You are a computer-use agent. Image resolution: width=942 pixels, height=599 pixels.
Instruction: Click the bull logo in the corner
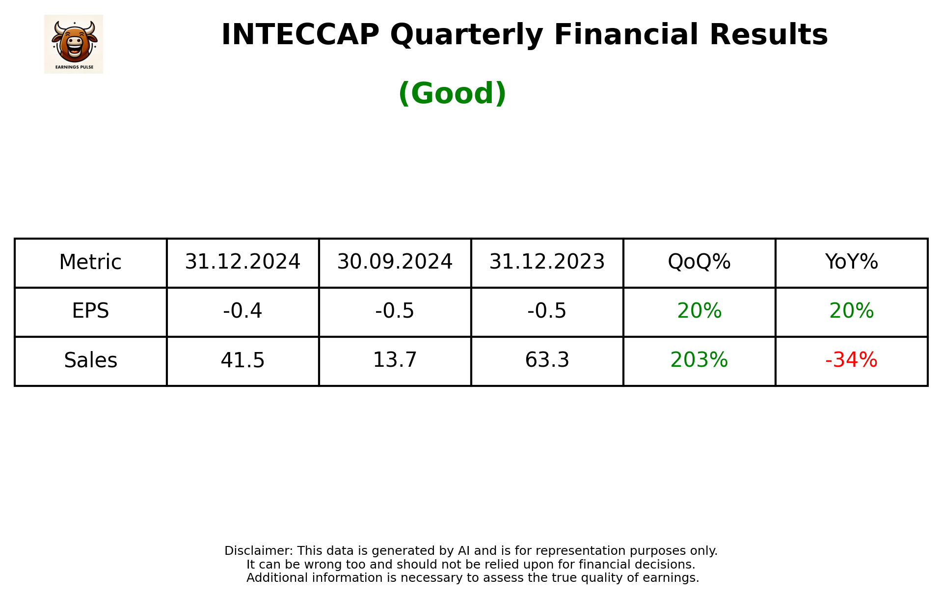[74, 44]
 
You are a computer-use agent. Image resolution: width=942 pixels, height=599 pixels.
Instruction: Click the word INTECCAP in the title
[300, 35]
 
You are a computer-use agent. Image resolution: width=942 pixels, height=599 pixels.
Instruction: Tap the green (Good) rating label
[452, 93]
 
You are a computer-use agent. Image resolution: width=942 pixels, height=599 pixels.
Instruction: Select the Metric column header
[90, 262]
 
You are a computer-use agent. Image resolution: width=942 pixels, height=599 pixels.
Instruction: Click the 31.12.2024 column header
[242, 262]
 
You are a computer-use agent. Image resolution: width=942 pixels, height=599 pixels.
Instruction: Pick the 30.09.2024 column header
[395, 262]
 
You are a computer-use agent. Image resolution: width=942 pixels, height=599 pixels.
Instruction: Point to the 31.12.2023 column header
[547, 262]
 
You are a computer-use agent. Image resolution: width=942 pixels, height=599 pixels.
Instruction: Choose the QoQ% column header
[699, 262]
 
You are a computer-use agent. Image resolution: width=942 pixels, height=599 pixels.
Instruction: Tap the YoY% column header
[851, 262]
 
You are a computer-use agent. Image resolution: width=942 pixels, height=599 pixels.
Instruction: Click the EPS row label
[90, 311]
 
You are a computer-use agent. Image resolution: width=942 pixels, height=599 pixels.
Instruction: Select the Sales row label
[90, 360]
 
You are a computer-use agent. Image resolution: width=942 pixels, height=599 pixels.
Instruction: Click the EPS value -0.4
[242, 311]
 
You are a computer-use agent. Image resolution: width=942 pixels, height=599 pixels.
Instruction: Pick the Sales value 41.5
[242, 360]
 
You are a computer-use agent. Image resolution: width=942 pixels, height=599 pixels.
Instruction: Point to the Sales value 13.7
[395, 360]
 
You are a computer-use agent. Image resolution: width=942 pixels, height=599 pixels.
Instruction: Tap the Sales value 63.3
[547, 360]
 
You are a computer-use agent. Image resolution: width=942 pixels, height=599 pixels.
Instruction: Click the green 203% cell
[699, 360]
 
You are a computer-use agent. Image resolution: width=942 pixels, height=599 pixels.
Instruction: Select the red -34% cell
[851, 360]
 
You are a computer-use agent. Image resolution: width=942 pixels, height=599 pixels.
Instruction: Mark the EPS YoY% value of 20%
[851, 311]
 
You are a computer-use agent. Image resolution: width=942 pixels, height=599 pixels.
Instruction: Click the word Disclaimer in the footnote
[258, 551]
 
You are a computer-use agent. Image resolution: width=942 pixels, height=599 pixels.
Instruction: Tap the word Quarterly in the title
[466, 35]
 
